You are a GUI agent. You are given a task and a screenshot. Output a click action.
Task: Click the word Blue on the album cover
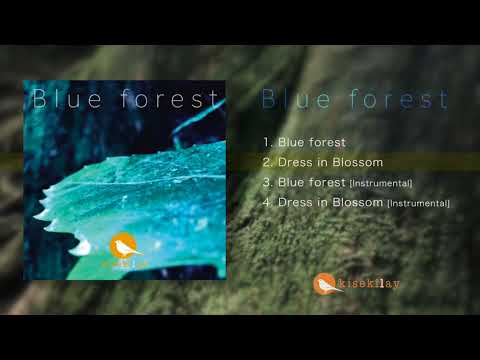pyautogui.click(x=66, y=99)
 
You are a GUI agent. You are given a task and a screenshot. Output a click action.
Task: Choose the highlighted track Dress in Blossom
pyautogui.click(x=330, y=162)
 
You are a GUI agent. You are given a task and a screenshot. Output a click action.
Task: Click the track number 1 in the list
pyautogui.click(x=266, y=142)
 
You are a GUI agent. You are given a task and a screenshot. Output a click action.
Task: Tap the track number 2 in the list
pyautogui.click(x=267, y=162)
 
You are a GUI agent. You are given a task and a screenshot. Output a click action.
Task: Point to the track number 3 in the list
pyautogui.click(x=267, y=182)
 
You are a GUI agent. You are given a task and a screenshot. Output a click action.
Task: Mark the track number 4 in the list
pyautogui.click(x=267, y=202)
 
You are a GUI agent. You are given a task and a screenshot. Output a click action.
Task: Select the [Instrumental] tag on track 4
pyautogui.click(x=418, y=203)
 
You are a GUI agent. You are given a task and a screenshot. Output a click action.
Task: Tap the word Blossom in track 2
pyautogui.click(x=358, y=162)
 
